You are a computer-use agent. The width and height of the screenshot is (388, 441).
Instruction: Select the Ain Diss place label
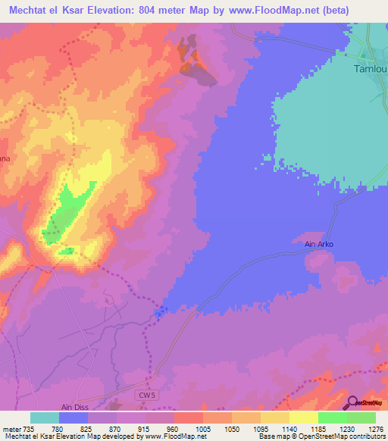click(76, 407)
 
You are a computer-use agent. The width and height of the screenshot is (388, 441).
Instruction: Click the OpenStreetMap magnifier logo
click(354, 402)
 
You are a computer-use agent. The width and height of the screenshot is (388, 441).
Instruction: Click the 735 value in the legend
click(23, 428)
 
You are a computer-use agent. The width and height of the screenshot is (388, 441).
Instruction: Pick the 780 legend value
click(57, 428)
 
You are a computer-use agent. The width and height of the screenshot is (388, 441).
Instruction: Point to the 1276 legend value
click(376, 428)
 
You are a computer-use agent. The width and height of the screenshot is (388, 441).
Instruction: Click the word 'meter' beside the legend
click(9, 428)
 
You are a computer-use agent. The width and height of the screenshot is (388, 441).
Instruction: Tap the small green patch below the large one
click(67, 251)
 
